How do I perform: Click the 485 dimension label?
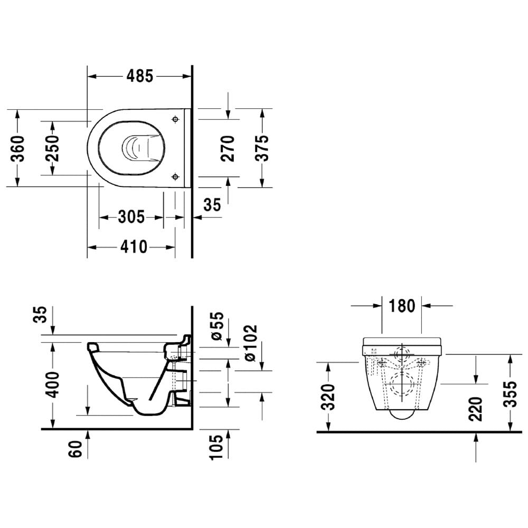point(140,76)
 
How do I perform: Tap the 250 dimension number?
point(52,148)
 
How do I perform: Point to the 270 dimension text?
point(228,148)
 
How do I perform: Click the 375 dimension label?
point(262,148)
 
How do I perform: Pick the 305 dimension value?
point(131,217)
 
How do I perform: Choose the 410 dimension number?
point(134,247)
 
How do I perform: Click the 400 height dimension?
point(52,384)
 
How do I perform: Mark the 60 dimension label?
point(76,449)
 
